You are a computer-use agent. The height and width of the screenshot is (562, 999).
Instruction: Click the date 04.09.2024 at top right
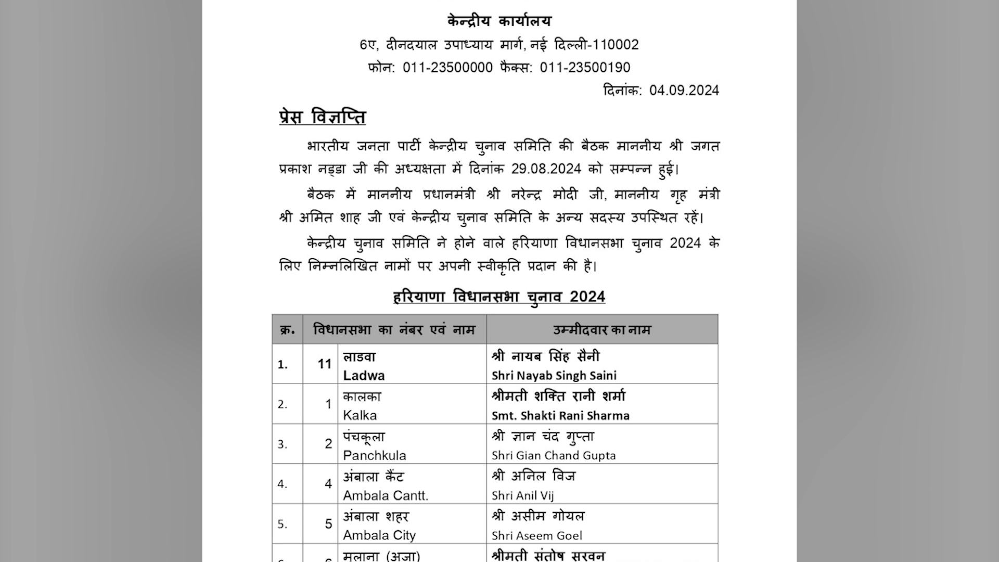(684, 91)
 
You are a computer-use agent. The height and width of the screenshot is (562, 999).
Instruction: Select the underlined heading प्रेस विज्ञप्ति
(322, 117)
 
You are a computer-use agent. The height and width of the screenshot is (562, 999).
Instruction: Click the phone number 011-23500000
(447, 68)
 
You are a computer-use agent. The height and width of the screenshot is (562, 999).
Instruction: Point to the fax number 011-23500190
(585, 68)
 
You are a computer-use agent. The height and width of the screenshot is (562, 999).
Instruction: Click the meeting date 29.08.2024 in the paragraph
(546, 169)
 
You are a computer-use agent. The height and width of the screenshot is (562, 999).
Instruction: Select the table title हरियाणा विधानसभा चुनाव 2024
(499, 297)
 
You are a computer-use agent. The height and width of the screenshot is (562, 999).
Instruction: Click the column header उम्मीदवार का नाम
(601, 330)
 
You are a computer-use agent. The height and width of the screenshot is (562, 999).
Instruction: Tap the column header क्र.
(287, 330)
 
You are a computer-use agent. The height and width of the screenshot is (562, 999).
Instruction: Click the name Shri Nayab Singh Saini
(554, 376)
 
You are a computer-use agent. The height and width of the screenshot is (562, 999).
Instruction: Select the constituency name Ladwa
(364, 376)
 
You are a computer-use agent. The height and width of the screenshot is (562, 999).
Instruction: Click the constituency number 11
(325, 364)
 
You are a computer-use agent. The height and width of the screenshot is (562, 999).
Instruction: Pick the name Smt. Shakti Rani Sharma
(560, 416)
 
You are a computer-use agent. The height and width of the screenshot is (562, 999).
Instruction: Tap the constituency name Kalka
(360, 415)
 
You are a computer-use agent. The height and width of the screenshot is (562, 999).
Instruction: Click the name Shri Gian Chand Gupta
(554, 456)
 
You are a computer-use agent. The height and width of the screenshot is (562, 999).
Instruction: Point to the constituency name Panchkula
(374, 456)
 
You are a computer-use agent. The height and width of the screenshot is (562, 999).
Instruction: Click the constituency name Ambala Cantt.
(385, 496)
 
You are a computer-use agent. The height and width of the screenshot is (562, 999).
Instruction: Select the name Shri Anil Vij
(522, 496)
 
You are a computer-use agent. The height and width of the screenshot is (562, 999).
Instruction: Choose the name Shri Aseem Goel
(536, 536)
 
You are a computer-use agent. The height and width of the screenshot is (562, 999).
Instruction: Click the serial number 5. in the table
(282, 524)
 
